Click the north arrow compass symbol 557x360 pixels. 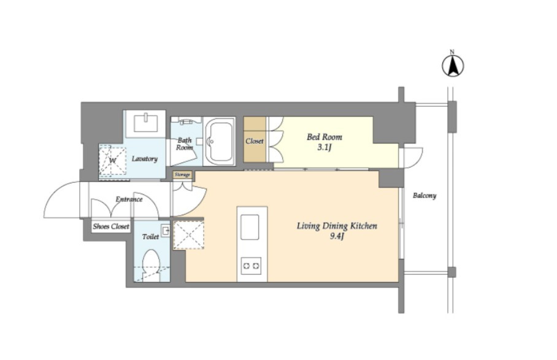[453, 66]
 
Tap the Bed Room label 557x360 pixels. [325, 137]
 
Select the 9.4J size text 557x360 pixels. [336, 236]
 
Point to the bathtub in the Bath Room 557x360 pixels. [220, 142]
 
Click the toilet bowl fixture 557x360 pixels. [151, 266]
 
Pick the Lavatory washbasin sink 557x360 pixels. [145, 123]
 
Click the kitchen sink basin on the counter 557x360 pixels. [250, 227]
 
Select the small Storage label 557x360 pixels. [182, 175]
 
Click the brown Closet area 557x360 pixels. [255, 140]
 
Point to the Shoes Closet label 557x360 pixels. [111, 226]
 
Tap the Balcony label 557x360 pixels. [424, 196]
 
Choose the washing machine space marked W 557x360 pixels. [112, 161]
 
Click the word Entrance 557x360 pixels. [129, 199]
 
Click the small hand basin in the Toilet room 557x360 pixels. [166, 231]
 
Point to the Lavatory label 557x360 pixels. [144, 159]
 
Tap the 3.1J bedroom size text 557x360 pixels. [325, 147]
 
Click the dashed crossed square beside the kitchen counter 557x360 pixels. [188, 235]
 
